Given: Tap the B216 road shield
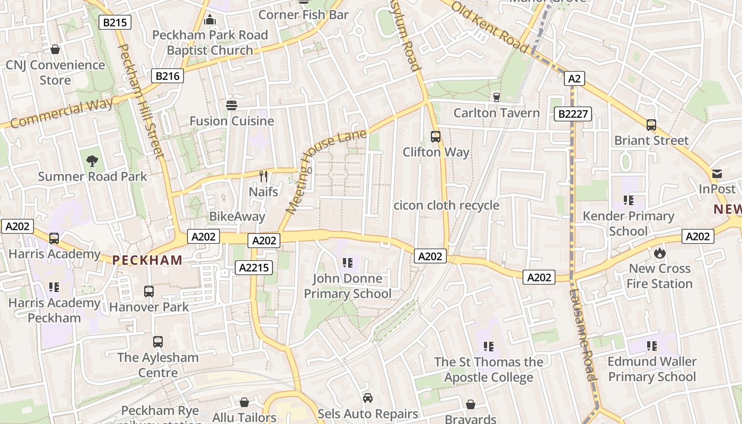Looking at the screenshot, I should click(x=167, y=76).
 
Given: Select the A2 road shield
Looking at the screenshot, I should click(x=574, y=79).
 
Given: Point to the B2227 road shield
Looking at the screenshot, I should click(x=572, y=113).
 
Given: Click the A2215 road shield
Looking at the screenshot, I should click(x=254, y=268).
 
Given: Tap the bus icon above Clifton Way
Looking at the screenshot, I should click(x=436, y=137).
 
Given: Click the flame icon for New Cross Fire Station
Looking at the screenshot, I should click(x=659, y=253).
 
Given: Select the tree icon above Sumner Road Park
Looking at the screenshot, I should click(x=92, y=161).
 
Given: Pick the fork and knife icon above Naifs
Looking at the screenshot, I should click(x=263, y=176).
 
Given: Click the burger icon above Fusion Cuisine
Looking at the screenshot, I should click(x=232, y=105).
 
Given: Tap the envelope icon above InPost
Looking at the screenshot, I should click(x=717, y=174).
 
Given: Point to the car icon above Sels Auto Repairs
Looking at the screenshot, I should click(x=368, y=397).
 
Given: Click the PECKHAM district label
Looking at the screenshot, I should click(x=147, y=260).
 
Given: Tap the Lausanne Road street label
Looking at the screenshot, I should click(x=584, y=334).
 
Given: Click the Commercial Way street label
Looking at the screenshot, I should click(x=61, y=113).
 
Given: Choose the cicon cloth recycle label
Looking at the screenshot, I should click(x=446, y=205).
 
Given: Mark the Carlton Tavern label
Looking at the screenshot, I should click(x=497, y=113).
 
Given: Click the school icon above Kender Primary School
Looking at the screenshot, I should click(x=629, y=200).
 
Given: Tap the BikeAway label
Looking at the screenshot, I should click(x=237, y=216).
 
